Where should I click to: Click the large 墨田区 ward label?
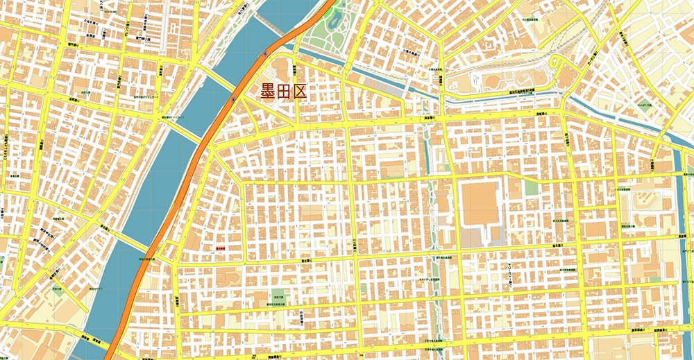pos(283,92)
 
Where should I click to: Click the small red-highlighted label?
pos(221,247)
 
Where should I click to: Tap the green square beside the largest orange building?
pos(531,188)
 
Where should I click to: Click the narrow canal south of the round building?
pos(500,97)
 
